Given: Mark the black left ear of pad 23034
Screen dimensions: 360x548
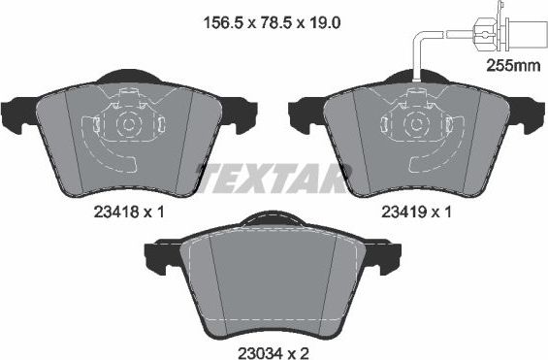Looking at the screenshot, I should (161, 256).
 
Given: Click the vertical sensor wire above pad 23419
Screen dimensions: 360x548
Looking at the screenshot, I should (417, 58).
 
